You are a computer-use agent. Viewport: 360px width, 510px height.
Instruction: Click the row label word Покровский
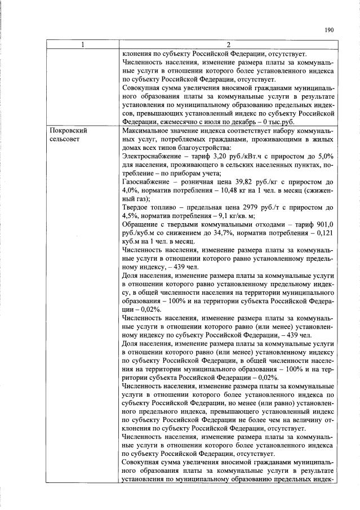coord(69,130)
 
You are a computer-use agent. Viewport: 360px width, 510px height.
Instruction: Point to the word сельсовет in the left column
coord(66,138)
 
